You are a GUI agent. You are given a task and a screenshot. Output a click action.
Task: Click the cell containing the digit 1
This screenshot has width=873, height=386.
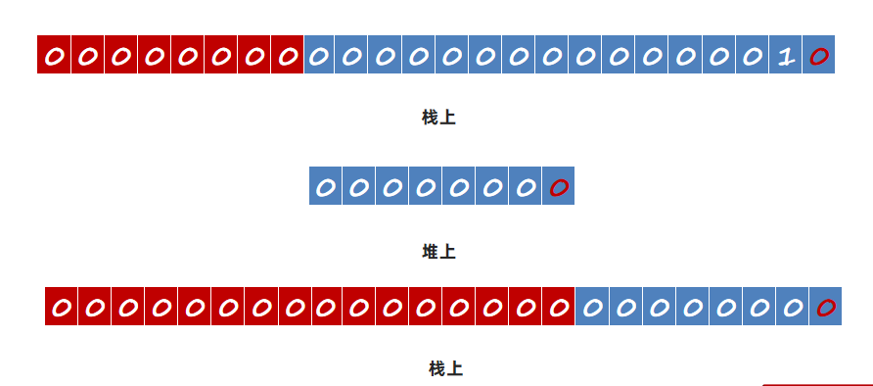785,55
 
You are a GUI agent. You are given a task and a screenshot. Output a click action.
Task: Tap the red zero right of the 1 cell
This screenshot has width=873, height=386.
819,55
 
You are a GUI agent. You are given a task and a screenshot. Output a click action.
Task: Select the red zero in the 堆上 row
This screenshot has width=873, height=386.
559,187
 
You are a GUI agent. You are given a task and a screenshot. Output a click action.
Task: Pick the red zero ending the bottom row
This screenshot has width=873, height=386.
826,307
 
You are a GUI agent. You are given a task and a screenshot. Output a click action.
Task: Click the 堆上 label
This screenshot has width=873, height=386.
438,252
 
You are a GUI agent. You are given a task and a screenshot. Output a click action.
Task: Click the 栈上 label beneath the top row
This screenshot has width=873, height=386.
438,118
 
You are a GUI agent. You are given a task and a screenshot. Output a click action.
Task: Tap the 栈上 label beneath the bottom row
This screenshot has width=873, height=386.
445,368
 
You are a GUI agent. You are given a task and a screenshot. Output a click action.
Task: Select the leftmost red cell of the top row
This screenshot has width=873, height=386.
54,55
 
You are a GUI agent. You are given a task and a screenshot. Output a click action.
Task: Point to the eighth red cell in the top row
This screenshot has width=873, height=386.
288,55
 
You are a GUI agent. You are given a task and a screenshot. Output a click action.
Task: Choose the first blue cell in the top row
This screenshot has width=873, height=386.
318,55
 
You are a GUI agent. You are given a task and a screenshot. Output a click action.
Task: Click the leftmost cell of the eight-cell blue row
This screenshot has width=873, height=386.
325,185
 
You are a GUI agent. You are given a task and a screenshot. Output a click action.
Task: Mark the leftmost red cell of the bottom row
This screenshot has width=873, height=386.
62,306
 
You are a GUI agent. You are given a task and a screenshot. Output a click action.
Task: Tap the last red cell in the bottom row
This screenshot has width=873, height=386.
558,306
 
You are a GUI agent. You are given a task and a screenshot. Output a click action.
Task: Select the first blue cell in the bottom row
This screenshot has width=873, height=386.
592,306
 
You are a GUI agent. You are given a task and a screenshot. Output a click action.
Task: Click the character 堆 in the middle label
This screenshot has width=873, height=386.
431,252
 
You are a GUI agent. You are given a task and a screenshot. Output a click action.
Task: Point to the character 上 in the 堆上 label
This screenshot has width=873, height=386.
447,252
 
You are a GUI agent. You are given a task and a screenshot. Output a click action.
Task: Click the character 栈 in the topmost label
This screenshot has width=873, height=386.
431,118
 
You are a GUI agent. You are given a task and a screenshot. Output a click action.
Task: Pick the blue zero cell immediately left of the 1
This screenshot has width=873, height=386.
752,55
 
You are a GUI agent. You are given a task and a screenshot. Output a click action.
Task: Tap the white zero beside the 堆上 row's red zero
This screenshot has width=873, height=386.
525,188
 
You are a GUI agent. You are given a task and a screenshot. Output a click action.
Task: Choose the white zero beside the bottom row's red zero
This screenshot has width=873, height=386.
793,307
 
